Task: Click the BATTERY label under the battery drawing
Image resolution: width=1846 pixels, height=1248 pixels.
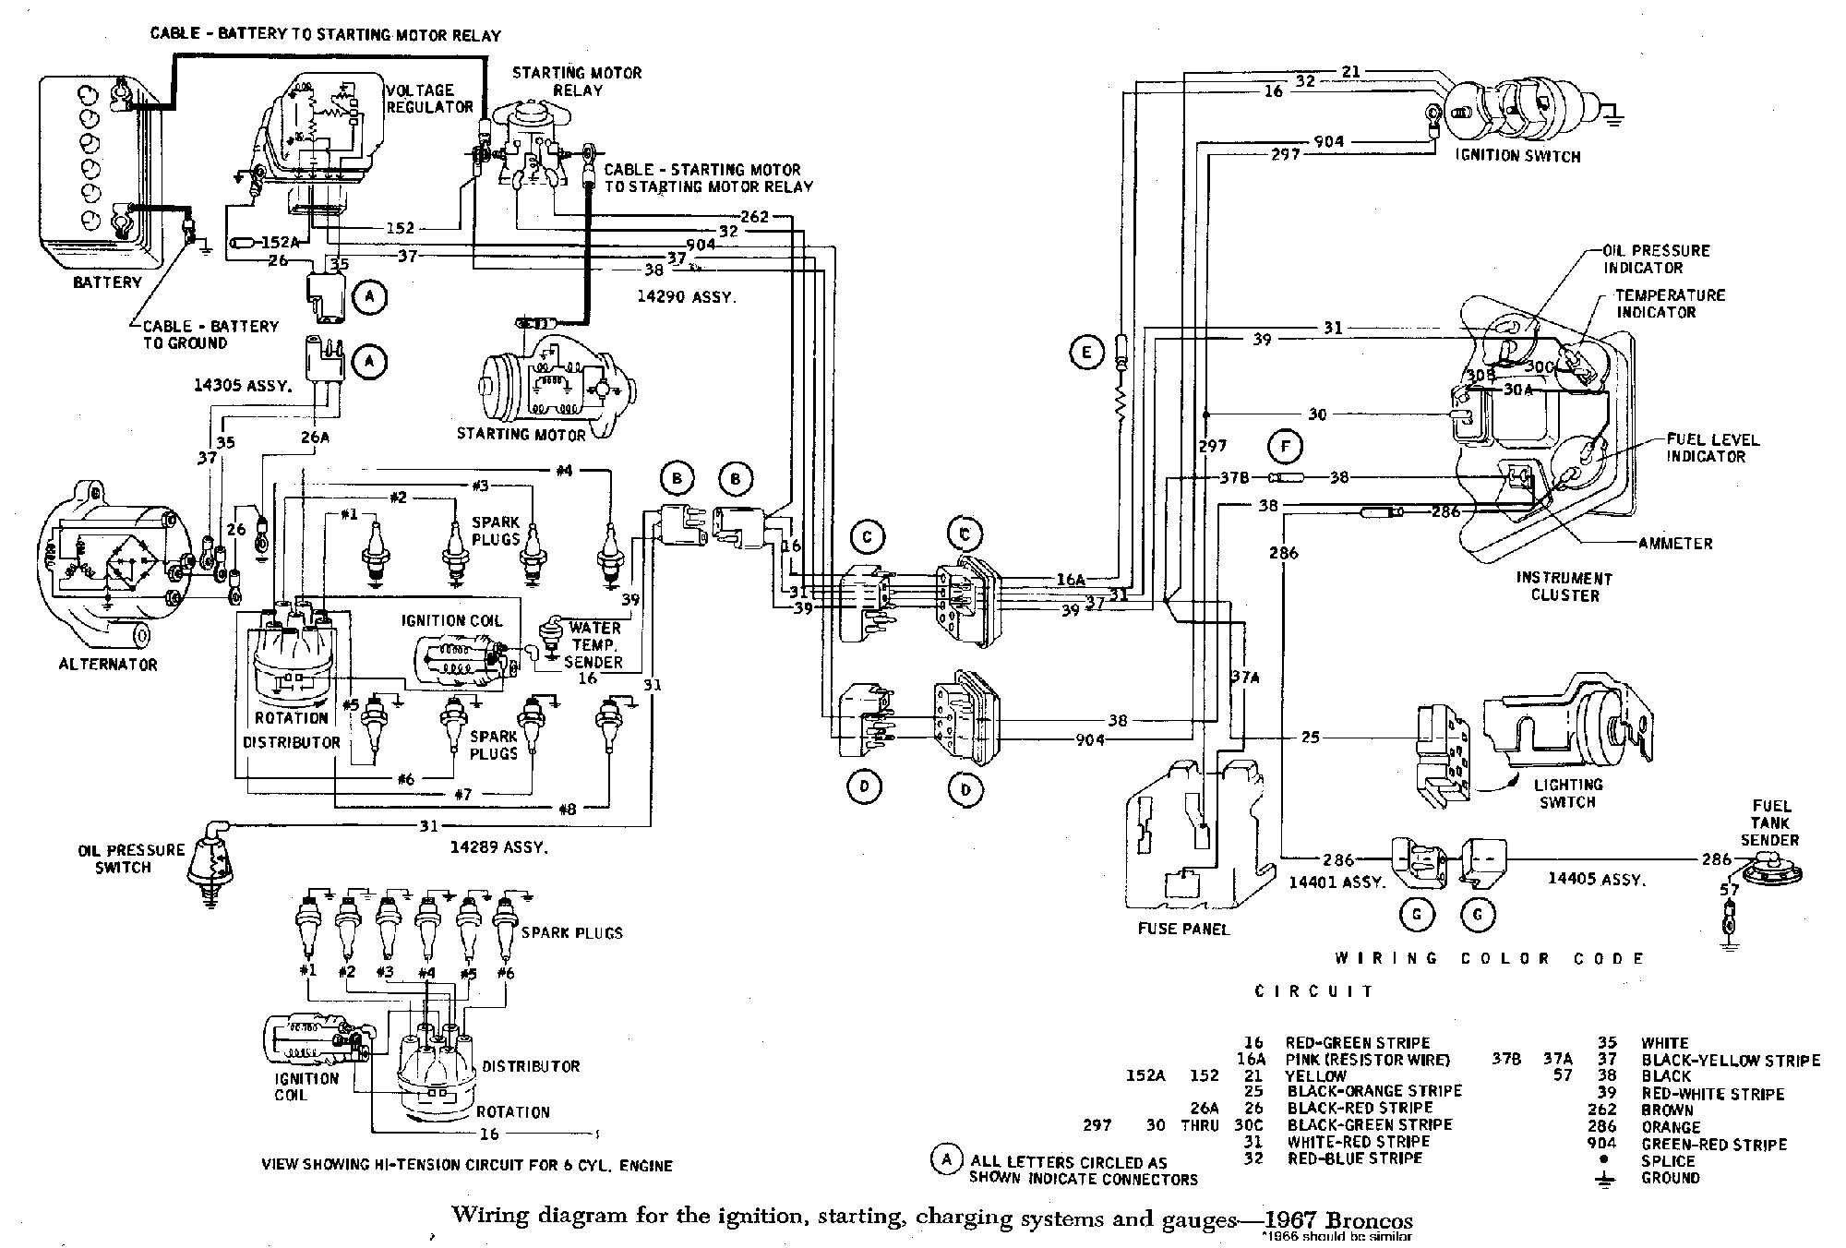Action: coord(107,282)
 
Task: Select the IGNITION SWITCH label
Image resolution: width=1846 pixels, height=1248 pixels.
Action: coord(1517,156)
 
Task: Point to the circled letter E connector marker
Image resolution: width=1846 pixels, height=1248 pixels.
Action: coord(1086,352)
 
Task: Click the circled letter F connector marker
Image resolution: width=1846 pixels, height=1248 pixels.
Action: coord(1284,448)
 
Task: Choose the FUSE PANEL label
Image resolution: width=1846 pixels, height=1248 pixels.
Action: coord(1183,929)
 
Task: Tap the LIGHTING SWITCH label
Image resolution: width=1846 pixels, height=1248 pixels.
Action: coord(1567,793)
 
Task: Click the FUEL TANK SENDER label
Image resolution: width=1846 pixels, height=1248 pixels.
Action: coord(1769,822)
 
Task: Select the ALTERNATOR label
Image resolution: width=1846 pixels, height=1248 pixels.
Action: coord(108,664)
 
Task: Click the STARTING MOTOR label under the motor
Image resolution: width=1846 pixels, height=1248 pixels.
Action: coord(521,434)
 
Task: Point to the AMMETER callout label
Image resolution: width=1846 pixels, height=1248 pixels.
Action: coord(1675,544)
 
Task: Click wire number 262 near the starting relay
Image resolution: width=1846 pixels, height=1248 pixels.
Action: coord(754,217)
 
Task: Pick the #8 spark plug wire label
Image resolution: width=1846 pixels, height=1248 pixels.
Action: coord(568,810)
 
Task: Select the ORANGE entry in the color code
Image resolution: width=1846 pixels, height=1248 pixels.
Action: coord(1670,1127)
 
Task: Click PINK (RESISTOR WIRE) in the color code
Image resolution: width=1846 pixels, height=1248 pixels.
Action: coord(1367,1060)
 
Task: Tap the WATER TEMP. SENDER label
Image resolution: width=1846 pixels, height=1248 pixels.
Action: coord(594,644)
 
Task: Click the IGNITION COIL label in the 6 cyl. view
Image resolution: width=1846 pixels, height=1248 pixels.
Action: coord(306,1086)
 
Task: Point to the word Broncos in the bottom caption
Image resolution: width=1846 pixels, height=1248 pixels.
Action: coord(1361,1219)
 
